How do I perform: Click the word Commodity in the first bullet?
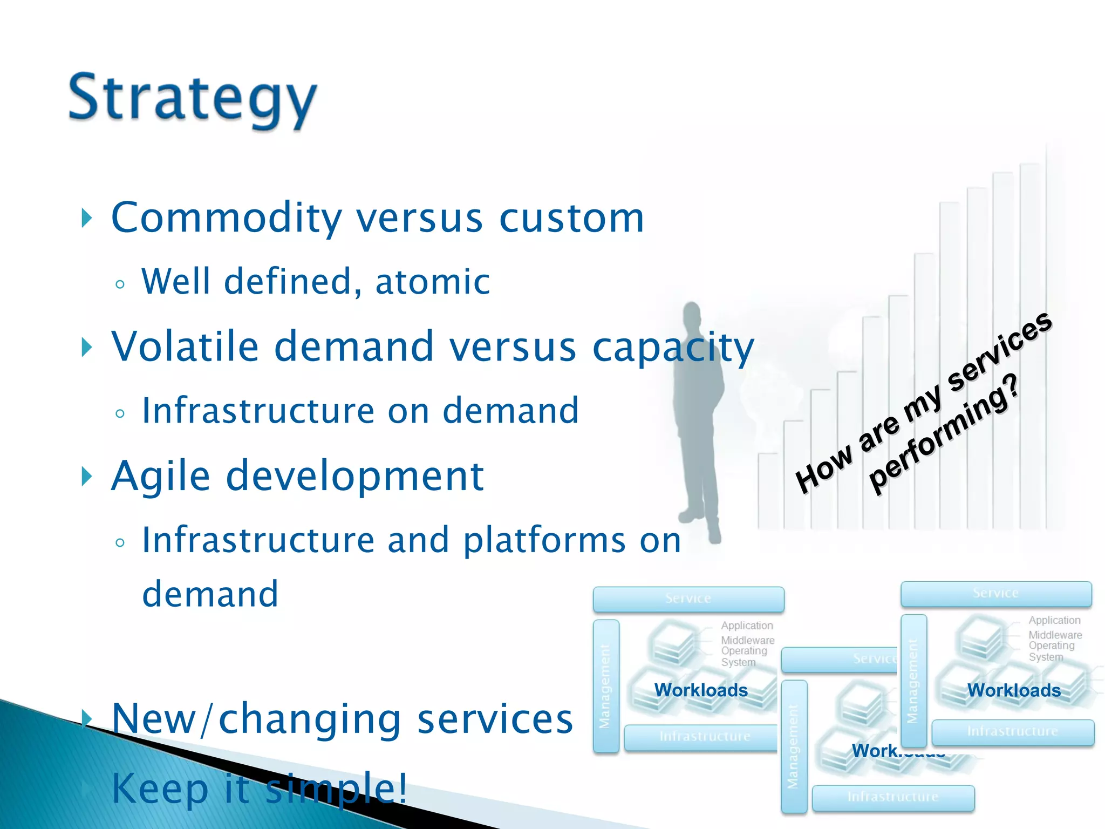coord(226,218)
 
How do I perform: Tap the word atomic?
coord(432,282)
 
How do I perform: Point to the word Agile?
coord(160,476)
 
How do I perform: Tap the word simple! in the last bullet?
coord(336,788)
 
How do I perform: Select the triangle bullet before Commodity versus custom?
coord(86,218)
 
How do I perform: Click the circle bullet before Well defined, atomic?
coord(120,284)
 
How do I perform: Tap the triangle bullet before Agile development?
coord(86,477)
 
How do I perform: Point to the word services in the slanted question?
coord(998,351)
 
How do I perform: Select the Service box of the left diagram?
coord(688,599)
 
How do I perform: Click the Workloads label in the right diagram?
coord(1013,690)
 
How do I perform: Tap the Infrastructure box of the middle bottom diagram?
coord(892,797)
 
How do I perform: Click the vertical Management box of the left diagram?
coord(605,686)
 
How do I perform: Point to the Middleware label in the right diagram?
coord(1055,635)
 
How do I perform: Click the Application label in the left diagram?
coord(747,626)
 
